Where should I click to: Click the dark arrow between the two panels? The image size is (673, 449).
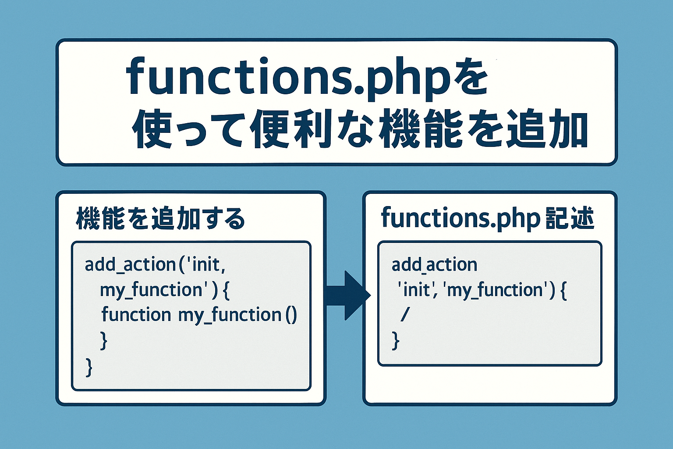(x=348, y=295)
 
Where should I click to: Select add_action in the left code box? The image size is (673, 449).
(x=130, y=265)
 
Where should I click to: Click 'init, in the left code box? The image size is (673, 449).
(x=205, y=265)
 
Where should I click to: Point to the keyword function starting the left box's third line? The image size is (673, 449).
(x=136, y=314)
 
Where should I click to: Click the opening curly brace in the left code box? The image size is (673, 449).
(x=226, y=291)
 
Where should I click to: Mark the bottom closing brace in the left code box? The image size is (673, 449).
(x=89, y=367)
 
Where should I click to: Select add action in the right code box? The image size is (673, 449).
(x=435, y=265)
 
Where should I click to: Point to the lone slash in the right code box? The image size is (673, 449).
(x=405, y=315)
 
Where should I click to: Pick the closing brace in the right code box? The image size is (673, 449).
(x=395, y=341)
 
